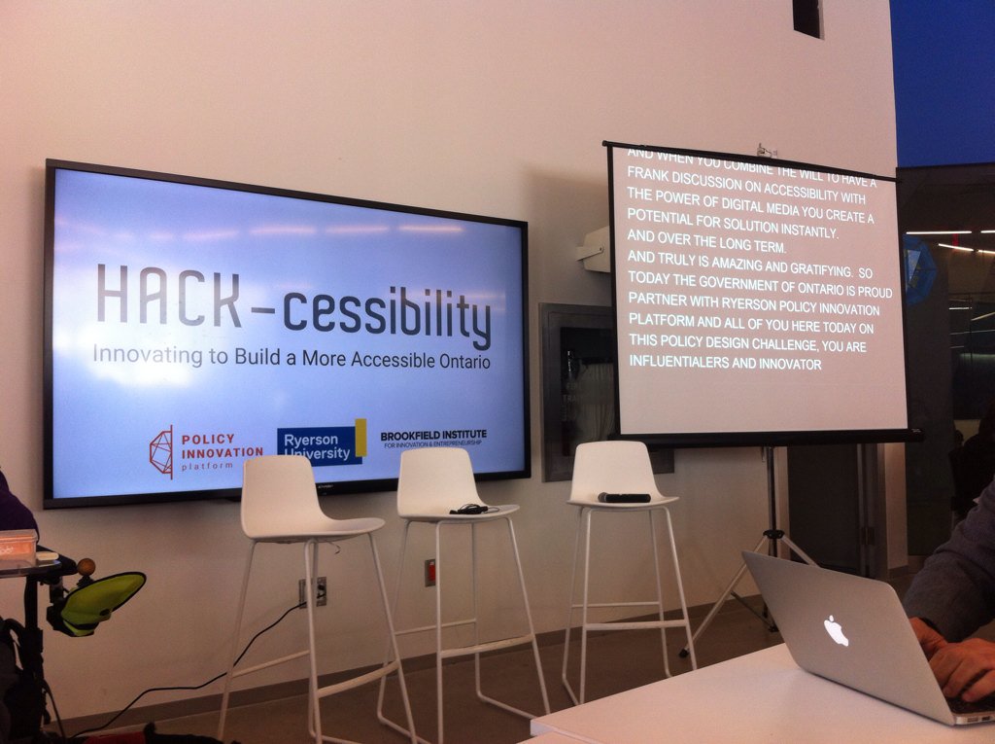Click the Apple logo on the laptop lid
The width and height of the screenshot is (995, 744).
tap(836, 630)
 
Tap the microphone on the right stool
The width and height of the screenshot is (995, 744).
tap(624, 498)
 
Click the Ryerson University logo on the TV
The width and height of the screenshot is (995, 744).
tap(321, 444)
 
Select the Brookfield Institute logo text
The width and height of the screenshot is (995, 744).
tap(433, 439)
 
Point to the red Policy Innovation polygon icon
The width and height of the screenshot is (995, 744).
tap(161, 451)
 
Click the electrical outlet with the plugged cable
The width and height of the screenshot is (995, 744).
tap(313, 591)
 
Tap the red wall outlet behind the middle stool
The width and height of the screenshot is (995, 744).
tap(429, 572)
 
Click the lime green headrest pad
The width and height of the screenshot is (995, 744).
tap(100, 598)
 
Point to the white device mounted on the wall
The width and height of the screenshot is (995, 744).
tap(593, 250)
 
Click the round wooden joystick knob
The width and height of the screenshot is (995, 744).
tap(86, 566)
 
